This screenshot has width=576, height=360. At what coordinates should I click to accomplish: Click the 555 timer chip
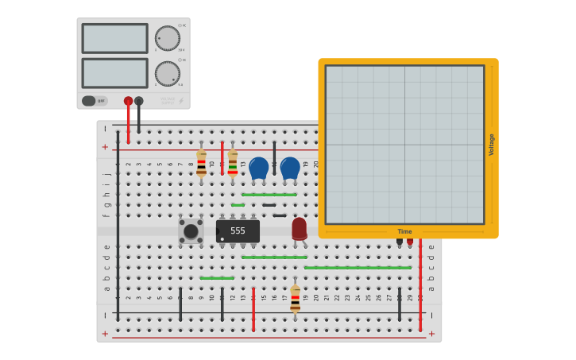tap(238, 231)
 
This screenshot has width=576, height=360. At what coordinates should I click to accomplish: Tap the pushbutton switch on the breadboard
tap(191, 231)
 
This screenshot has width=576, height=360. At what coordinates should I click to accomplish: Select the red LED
tap(299, 229)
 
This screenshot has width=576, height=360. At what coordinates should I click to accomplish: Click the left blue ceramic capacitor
tap(258, 168)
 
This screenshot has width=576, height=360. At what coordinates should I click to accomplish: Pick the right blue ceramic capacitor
tap(290, 168)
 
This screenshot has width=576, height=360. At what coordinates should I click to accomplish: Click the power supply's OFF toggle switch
tap(94, 101)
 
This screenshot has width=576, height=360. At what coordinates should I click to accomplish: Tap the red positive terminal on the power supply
tap(128, 101)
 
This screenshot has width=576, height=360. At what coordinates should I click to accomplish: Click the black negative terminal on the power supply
tap(139, 101)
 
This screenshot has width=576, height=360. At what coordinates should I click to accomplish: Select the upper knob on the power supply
tap(168, 37)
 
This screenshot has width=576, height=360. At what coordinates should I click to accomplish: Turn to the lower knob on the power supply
tap(168, 73)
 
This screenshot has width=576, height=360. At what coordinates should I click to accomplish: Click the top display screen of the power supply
tap(114, 38)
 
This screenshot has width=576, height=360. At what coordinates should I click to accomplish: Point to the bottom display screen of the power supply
tap(114, 73)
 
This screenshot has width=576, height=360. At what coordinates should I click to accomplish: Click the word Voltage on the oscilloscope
tap(491, 145)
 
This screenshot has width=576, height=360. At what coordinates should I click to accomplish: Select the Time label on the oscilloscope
tap(404, 231)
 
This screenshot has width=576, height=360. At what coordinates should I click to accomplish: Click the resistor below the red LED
tap(295, 299)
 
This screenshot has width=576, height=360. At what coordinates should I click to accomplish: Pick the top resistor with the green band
tap(232, 163)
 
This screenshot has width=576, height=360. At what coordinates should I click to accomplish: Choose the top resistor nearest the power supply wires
tap(201, 163)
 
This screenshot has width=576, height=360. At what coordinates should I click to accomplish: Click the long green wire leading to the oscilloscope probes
tap(358, 268)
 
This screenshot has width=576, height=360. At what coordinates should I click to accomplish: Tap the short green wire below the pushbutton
tap(217, 278)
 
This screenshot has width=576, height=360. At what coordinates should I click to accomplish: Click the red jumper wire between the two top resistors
tap(222, 157)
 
